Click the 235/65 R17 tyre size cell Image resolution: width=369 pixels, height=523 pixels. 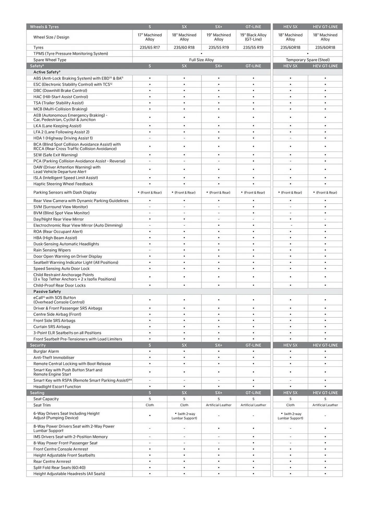[x=150, y=47]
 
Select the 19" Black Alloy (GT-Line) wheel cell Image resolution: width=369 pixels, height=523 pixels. [x=253, y=37]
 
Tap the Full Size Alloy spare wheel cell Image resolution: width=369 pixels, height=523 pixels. [x=201, y=60]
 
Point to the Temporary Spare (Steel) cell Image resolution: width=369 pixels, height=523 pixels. [x=307, y=60]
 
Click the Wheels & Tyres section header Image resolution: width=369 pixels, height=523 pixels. [x=44, y=27]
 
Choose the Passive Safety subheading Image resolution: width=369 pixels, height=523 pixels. [x=47, y=292]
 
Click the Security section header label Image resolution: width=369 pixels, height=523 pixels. [x=38, y=345]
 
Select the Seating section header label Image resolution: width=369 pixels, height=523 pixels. [x=37, y=393]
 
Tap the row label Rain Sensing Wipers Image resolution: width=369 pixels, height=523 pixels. [x=52, y=250]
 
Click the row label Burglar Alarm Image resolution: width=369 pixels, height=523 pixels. [x=46, y=351]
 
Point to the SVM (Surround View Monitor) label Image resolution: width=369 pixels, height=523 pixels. [x=61, y=207]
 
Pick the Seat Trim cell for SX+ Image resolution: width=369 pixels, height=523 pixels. [x=218, y=405]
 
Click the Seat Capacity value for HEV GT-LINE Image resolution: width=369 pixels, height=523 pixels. [x=325, y=399]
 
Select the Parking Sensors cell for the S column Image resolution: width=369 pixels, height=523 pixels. [x=150, y=192]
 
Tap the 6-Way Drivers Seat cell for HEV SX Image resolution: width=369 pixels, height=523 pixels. [x=290, y=416]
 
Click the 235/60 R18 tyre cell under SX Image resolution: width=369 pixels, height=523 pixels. [x=184, y=47]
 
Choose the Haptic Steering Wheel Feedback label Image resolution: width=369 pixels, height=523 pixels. [x=63, y=184]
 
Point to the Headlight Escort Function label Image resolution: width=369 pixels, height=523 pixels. [x=57, y=387]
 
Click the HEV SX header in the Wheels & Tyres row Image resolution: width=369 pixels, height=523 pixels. [x=290, y=27]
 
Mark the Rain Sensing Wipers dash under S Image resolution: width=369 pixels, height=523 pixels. [x=150, y=250]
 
